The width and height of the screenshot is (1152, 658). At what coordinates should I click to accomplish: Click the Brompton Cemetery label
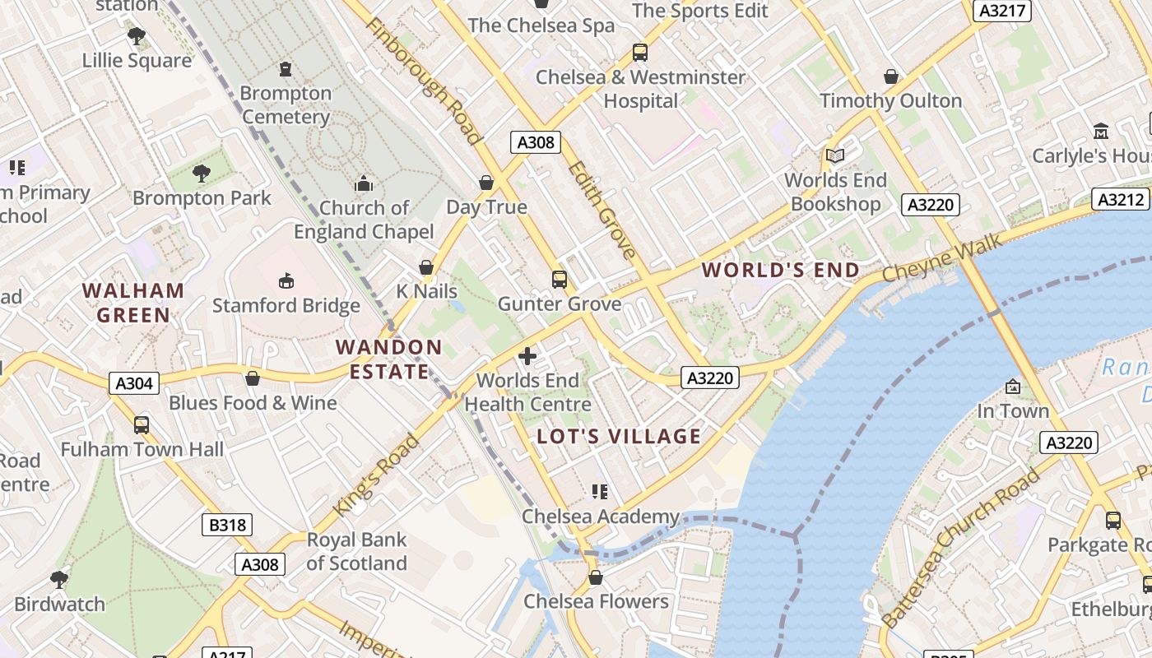pos(286,105)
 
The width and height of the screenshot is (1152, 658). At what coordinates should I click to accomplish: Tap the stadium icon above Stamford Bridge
pos(286,281)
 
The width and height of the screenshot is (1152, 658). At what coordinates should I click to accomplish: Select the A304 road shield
pos(134,383)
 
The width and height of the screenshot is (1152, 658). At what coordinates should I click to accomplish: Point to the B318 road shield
pos(227,525)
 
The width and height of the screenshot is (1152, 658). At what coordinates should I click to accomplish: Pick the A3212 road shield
pos(1121,199)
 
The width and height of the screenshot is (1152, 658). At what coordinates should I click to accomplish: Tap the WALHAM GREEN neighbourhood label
pos(133,302)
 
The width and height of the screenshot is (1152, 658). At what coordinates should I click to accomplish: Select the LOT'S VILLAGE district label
pos(619,436)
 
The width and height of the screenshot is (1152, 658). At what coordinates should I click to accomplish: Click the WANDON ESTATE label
pos(389,359)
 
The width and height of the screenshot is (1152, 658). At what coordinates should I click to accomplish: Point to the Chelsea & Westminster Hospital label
pos(640,89)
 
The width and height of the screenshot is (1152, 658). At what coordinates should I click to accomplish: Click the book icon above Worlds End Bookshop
pos(834,155)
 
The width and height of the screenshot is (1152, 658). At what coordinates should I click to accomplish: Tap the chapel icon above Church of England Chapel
pos(363,183)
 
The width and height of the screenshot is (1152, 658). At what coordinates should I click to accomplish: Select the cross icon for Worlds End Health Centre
pos(527,356)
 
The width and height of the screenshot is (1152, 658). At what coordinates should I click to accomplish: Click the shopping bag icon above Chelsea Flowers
pos(595,577)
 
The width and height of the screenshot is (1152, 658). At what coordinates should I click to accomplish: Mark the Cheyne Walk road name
pos(942,258)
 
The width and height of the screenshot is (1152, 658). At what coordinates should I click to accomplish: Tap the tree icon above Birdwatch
pos(58,579)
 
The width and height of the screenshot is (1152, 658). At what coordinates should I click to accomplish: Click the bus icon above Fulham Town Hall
pos(141,425)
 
